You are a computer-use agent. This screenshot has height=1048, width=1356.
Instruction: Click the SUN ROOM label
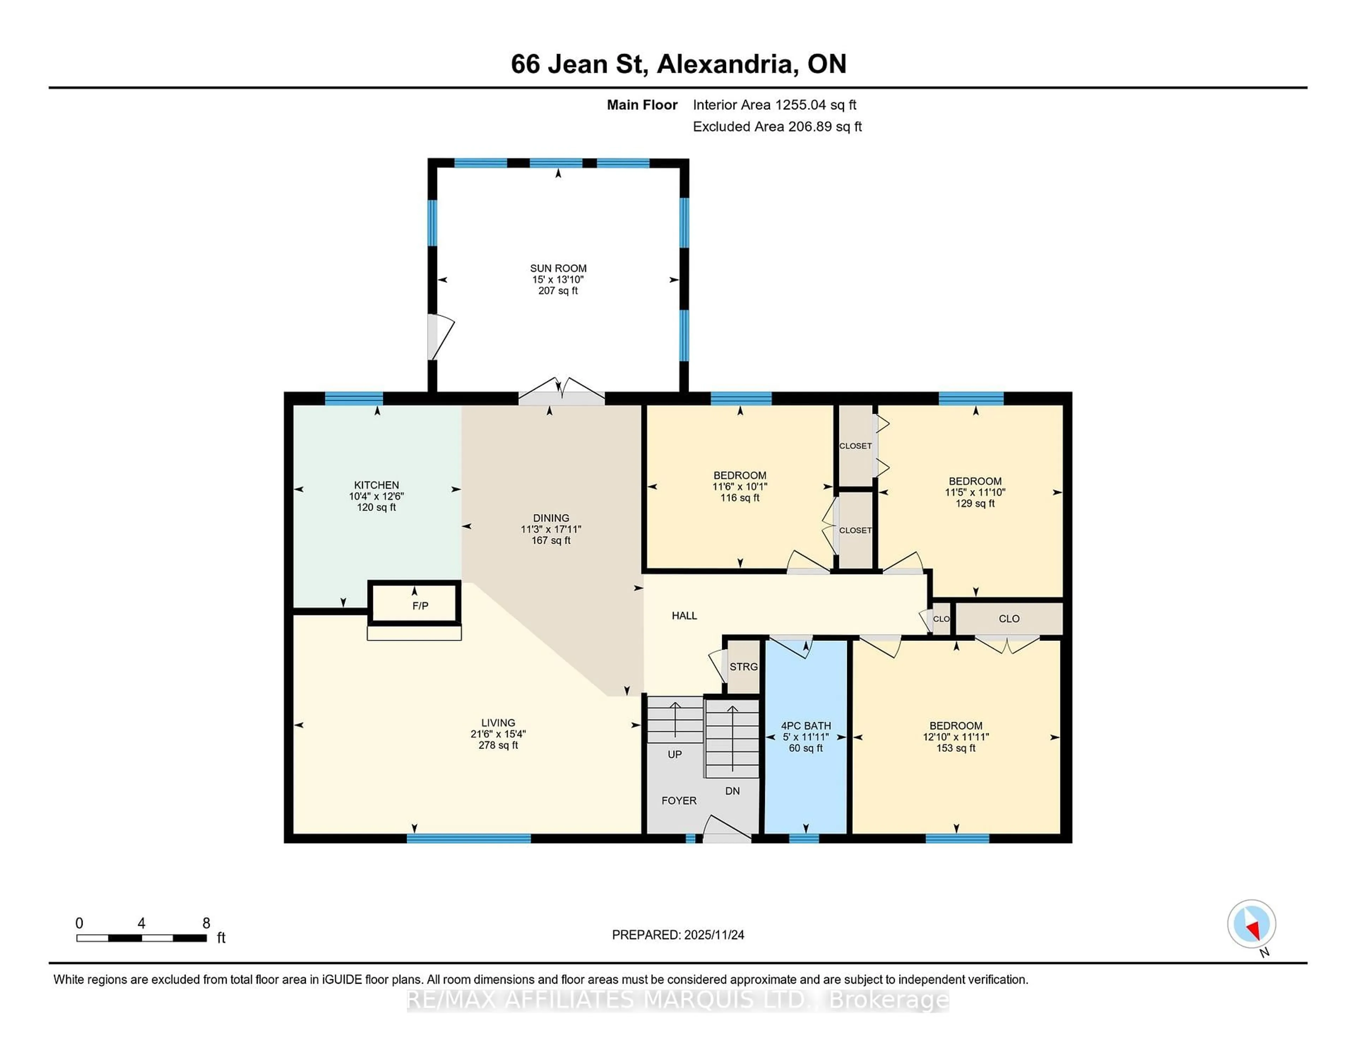tap(558, 268)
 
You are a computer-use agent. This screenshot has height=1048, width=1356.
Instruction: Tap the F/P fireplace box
tap(420, 605)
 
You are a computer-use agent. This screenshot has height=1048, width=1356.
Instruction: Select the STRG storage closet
tap(743, 667)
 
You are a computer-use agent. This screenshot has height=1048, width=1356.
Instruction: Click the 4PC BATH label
tap(805, 725)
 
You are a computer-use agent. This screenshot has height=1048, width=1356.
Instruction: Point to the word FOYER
tap(679, 800)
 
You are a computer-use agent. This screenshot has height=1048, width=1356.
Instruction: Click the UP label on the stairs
tap(674, 754)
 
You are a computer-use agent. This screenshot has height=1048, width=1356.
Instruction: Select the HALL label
tap(684, 615)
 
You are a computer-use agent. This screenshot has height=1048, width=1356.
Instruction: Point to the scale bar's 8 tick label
tap(206, 923)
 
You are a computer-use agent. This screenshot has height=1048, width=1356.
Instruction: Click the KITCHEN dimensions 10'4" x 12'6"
tap(376, 496)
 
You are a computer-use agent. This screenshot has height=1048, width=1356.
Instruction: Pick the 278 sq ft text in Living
tap(498, 745)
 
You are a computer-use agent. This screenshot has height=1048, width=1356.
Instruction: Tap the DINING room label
tap(551, 518)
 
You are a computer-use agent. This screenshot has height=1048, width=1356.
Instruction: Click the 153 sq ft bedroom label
tap(956, 748)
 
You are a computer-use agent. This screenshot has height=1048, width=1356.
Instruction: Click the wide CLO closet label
tap(1009, 618)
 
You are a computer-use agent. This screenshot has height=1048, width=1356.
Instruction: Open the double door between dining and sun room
tap(561, 396)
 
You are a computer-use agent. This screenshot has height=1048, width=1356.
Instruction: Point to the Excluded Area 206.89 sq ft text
tap(777, 127)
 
